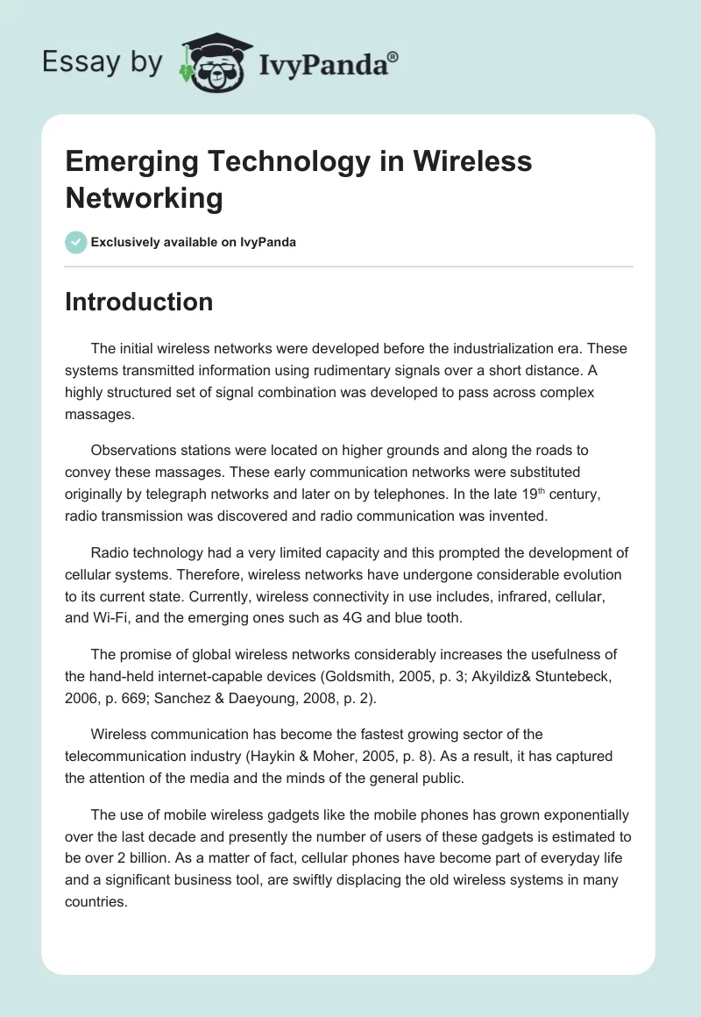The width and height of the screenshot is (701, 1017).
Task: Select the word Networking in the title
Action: pos(144,198)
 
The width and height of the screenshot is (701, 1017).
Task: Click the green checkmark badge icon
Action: pos(76,242)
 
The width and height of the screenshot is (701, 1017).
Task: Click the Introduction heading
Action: pos(139,302)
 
